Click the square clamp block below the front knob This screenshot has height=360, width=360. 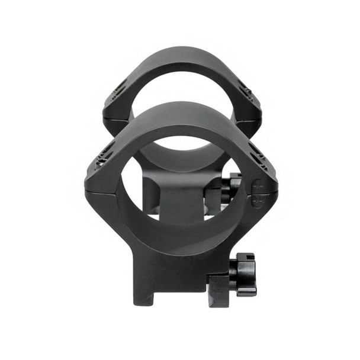218,290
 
